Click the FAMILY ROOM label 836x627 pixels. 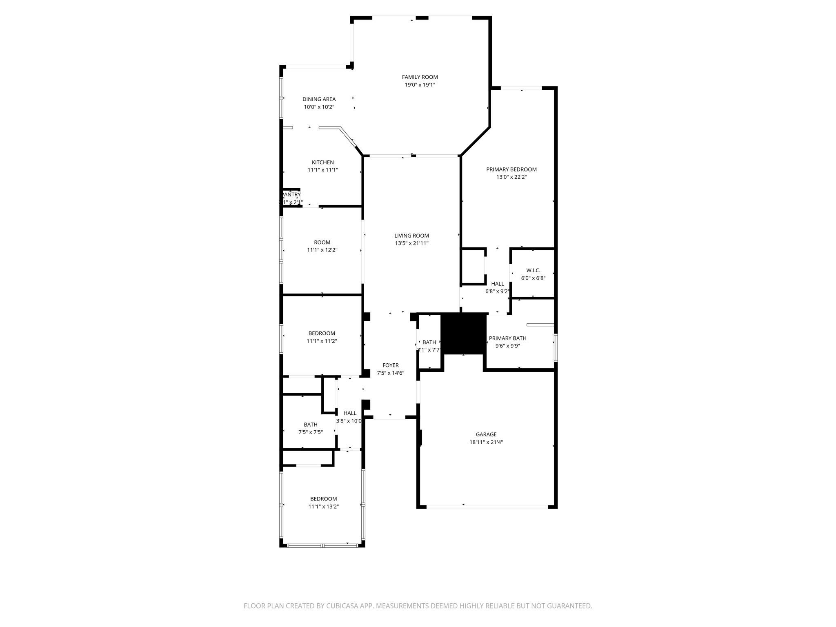pyautogui.click(x=420, y=77)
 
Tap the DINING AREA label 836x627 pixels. pyautogui.click(x=319, y=99)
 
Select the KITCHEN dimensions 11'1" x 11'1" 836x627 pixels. pyautogui.click(x=322, y=170)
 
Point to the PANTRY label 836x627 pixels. pyautogui.click(x=291, y=195)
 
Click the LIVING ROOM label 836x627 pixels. pyautogui.click(x=411, y=236)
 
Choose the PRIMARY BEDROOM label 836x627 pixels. pyautogui.click(x=511, y=169)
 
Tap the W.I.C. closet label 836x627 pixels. pyautogui.click(x=533, y=270)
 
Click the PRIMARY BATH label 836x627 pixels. pyautogui.click(x=507, y=338)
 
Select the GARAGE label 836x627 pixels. pyautogui.click(x=486, y=434)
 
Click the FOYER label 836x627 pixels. pyautogui.click(x=390, y=365)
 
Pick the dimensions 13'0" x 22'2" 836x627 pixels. pyautogui.click(x=511, y=177)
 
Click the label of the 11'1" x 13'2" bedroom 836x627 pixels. pyautogui.click(x=323, y=499)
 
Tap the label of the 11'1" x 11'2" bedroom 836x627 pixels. pyautogui.click(x=322, y=334)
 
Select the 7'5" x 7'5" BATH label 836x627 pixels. pyautogui.click(x=310, y=425)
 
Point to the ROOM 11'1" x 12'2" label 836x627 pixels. pyautogui.click(x=322, y=242)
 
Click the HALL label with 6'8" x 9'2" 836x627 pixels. pyautogui.click(x=497, y=284)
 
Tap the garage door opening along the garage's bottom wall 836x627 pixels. pyautogui.click(x=487, y=507)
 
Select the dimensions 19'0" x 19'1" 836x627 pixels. pyautogui.click(x=420, y=85)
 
